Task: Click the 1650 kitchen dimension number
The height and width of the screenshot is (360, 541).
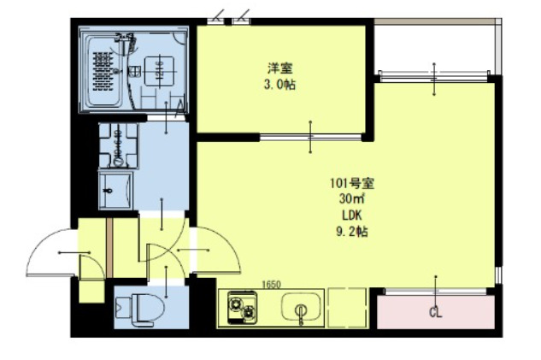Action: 272,285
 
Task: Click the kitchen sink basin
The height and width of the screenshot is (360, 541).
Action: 300,309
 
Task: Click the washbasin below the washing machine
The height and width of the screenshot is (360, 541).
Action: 115,188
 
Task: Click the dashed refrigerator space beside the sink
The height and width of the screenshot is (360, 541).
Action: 346,308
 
